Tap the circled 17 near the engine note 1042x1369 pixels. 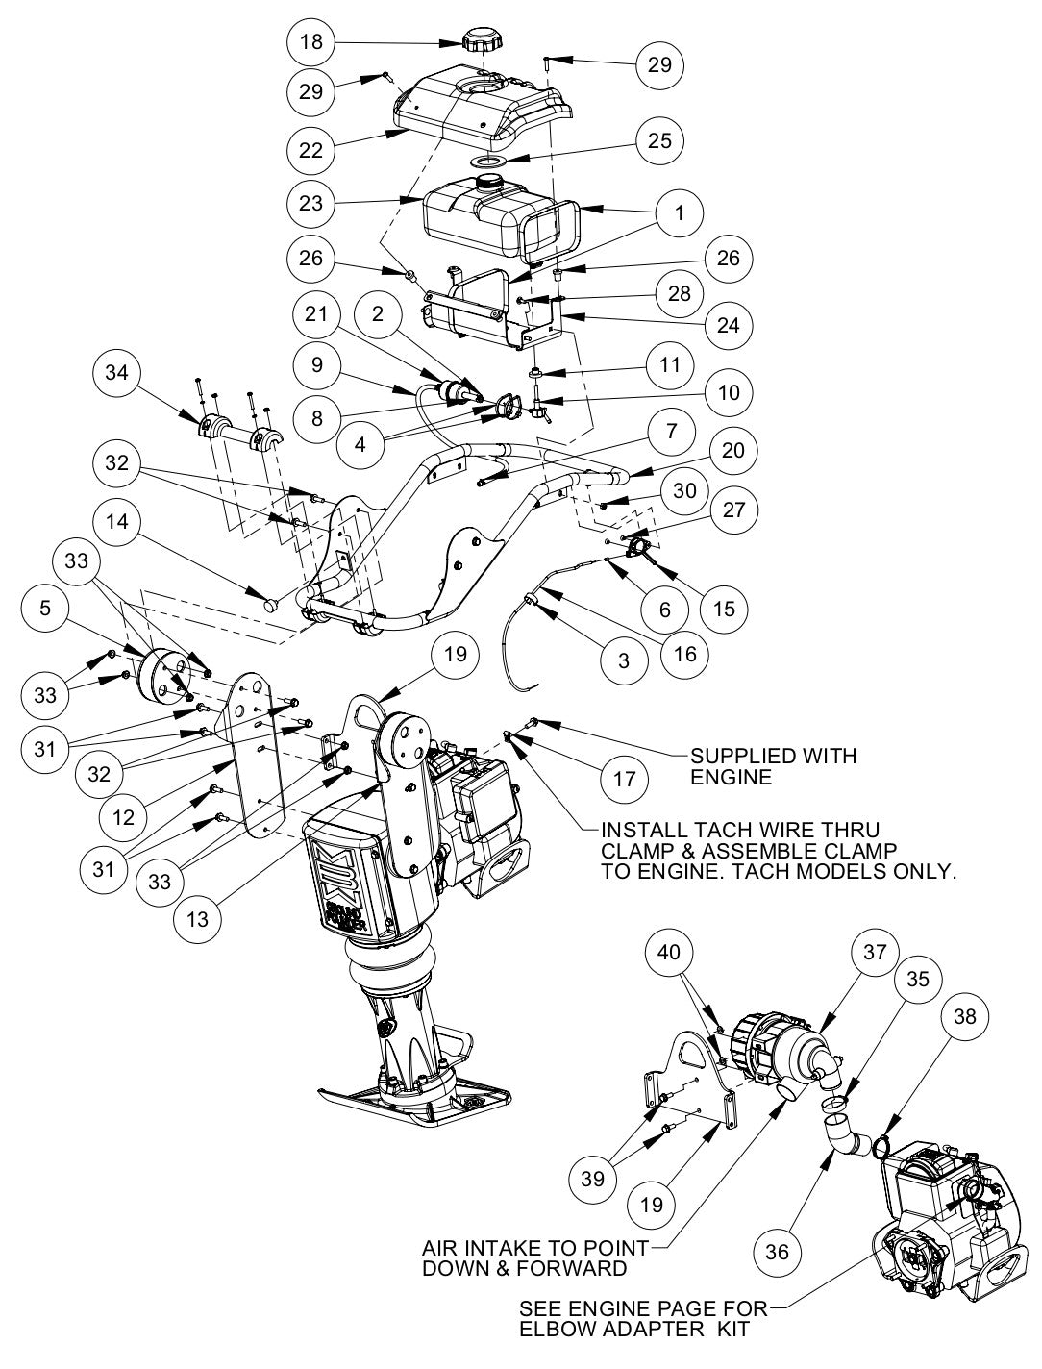coord(624,777)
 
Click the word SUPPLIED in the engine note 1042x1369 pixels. coord(736,756)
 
